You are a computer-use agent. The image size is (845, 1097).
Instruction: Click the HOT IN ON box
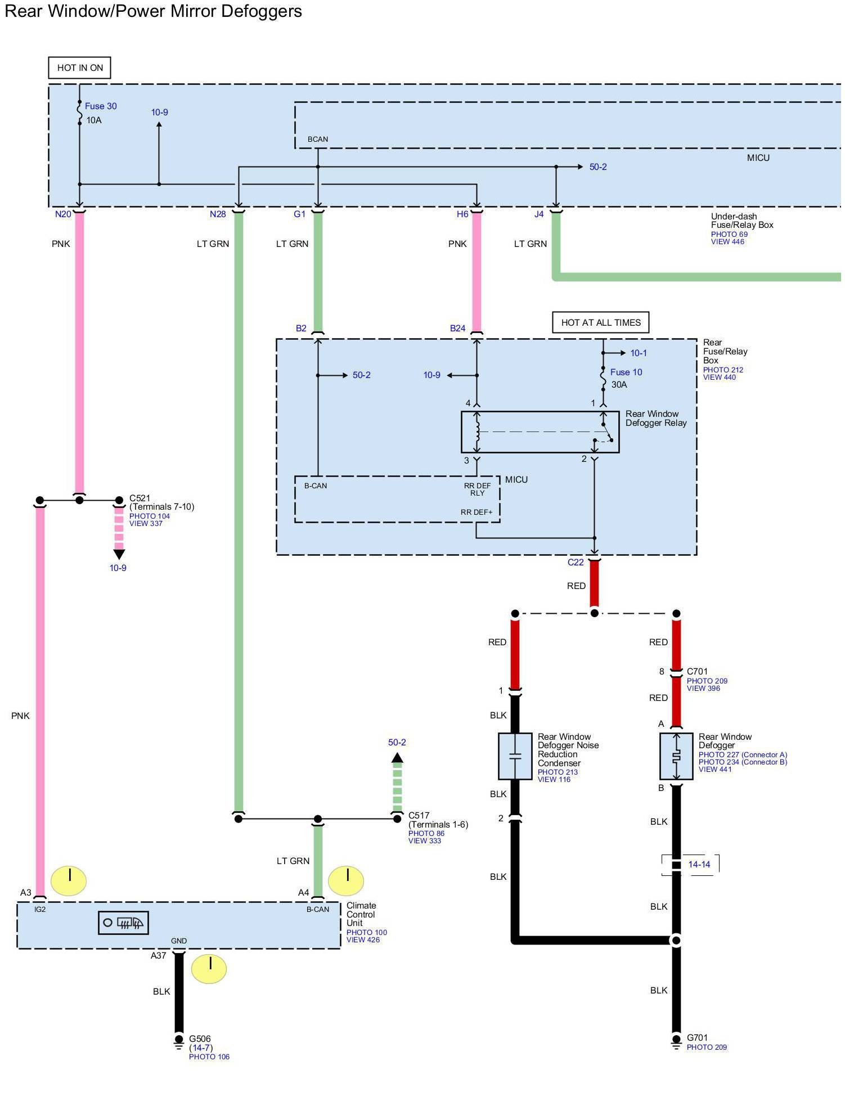[x=79, y=68]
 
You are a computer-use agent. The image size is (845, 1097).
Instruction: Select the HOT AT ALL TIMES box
[x=600, y=322]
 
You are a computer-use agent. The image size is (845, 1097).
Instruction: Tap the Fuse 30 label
[x=101, y=106]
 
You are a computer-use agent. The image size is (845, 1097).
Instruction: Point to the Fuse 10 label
[x=626, y=372]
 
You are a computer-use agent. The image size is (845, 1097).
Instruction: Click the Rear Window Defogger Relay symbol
[x=540, y=432]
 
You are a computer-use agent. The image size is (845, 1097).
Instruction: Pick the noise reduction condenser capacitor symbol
[x=515, y=756]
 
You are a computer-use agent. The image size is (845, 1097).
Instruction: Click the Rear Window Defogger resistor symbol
[x=676, y=756]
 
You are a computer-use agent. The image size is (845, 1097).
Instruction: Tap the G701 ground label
[x=697, y=1037]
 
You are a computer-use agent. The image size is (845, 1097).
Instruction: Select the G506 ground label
[x=200, y=1038]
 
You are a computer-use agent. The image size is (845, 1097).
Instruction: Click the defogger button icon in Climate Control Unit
[x=123, y=923]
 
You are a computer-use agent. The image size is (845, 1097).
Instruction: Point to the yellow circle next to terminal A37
[x=209, y=969]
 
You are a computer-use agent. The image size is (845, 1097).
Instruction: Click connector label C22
[x=576, y=562]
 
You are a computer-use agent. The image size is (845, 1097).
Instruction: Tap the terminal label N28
[x=218, y=214]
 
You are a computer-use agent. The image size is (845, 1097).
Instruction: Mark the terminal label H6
[x=462, y=214]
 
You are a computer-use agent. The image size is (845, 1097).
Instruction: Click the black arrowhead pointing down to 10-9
[x=119, y=554]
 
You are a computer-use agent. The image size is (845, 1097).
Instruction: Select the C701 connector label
[x=697, y=671]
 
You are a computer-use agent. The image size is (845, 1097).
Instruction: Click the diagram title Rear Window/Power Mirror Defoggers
[x=153, y=11]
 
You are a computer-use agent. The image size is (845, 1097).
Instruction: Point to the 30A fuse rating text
[x=619, y=385]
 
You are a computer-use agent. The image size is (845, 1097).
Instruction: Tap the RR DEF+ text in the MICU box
[x=477, y=512]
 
